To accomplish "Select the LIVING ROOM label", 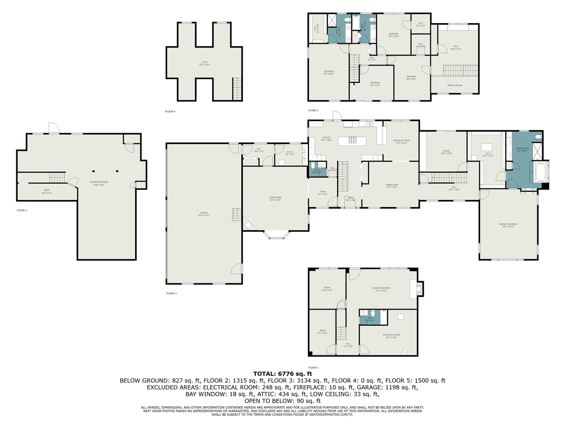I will click(275, 198).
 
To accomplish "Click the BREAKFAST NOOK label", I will click(401, 141).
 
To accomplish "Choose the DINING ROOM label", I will click(392, 185).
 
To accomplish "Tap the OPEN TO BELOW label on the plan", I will click(454, 85).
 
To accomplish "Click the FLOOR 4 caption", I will click(170, 112).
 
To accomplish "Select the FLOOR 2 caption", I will click(22, 210).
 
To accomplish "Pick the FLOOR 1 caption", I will click(313, 367).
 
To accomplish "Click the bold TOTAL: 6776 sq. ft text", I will click(282, 374).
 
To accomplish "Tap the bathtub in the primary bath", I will click(541, 172).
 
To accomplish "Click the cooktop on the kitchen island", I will click(353, 141).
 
